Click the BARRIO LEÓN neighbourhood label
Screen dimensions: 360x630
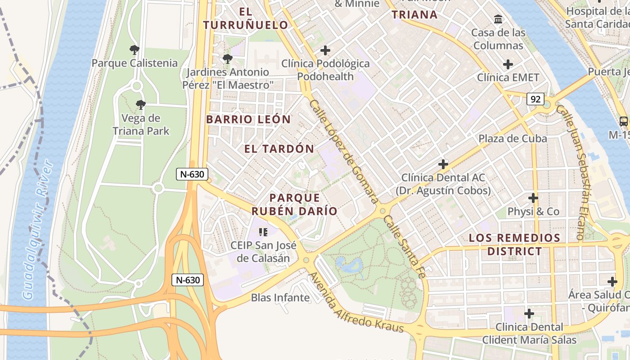click(x=248, y=119)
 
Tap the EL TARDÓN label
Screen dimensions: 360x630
click(x=279, y=149)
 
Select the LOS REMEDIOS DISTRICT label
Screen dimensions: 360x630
click(x=514, y=244)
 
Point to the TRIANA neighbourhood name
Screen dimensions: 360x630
click(x=414, y=15)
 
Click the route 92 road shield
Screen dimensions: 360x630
click(x=535, y=99)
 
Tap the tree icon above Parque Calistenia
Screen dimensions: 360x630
click(x=134, y=50)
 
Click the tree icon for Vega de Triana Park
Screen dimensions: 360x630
click(x=141, y=105)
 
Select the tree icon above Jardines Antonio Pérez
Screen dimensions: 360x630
click(x=228, y=59)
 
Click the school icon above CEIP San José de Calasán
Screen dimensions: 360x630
click(x=263, y=232)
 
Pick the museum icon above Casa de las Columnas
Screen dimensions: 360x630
click(x=498, y=19)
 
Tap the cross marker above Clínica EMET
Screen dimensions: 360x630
click(x=508, y=64)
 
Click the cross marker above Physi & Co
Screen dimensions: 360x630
click(x=533, y=198)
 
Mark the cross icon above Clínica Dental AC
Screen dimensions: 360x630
click(x=443, y=164)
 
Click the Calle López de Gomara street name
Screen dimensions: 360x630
click(x=343, y=151)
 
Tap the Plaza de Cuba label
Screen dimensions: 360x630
click(x=513, y=139)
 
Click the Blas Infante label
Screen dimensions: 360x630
click(x=280, y=297)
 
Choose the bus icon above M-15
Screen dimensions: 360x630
click(x=624, y=121)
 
